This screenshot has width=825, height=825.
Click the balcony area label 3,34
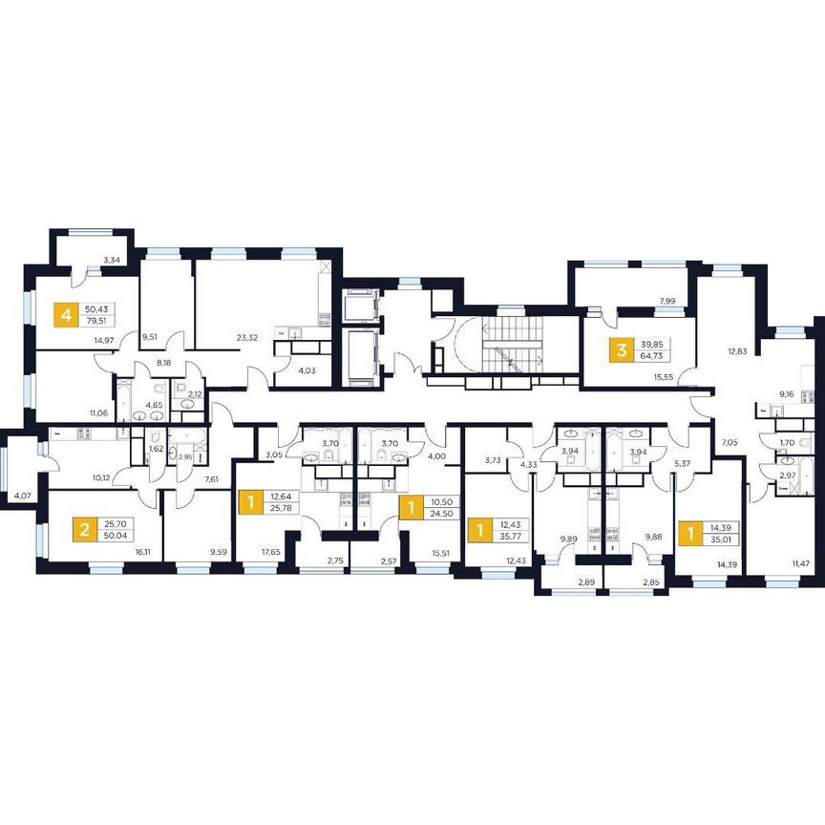111,261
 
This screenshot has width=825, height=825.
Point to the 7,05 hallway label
729,443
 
